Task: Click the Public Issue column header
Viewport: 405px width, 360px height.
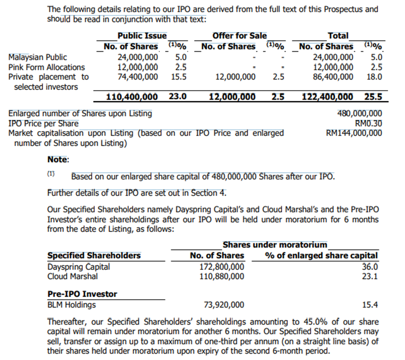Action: point(142,36)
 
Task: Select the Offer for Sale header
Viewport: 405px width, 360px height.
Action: point(240,36)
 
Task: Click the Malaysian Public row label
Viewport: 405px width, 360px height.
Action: point(38,57)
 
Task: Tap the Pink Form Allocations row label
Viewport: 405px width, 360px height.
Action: point(47,67)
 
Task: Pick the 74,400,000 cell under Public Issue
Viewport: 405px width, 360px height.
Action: point(138,77)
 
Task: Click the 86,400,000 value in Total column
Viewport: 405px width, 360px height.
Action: point(333,77)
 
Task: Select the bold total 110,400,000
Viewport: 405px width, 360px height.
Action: point(132,97)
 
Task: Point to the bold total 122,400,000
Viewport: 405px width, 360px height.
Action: point(328,97)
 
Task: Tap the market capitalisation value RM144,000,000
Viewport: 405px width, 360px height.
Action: point(354,133)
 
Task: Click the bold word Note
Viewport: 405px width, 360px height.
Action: point(58,160)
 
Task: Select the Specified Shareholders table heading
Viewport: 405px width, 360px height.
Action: point(94,256)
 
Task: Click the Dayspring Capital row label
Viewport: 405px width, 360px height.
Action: point(78,267)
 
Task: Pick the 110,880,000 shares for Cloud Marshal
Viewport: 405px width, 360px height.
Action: point(222,276)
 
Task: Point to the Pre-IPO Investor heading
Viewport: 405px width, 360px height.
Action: point(82,294)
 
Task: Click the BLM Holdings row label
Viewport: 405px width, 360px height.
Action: point(72,305)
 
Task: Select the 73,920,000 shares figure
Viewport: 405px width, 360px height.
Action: point(224,305)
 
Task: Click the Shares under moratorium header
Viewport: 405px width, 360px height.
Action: point(275,245)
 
